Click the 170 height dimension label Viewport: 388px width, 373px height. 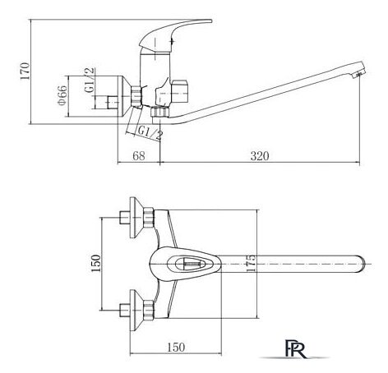tap(25, 71)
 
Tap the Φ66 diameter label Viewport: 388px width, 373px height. tap(62, 95)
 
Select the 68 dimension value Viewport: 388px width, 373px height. tap(139, 156)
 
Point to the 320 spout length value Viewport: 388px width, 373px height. tap(260, 156)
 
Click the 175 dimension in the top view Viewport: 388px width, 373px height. tap(251, 264)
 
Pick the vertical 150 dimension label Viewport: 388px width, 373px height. tap(96, 263)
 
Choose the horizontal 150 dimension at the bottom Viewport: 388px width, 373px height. tap(176, 347)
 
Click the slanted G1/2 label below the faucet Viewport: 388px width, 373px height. tap(150, 133)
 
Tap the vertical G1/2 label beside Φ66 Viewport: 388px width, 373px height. tap(90, 80)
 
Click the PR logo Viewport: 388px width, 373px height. tap(295, 348)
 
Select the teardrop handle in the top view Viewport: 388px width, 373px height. tap(185, 264)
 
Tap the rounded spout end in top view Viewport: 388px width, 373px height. tap(361, 265)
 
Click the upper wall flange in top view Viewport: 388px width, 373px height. tap(136, 218)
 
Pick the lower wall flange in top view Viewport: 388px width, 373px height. tap(136, 310)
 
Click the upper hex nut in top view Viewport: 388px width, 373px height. tap(149, 218)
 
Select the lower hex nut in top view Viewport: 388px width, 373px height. tap(149, 310)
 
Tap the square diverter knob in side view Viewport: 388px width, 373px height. tap(180, 91)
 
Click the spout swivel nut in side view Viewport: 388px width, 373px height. tap(159, 112)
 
